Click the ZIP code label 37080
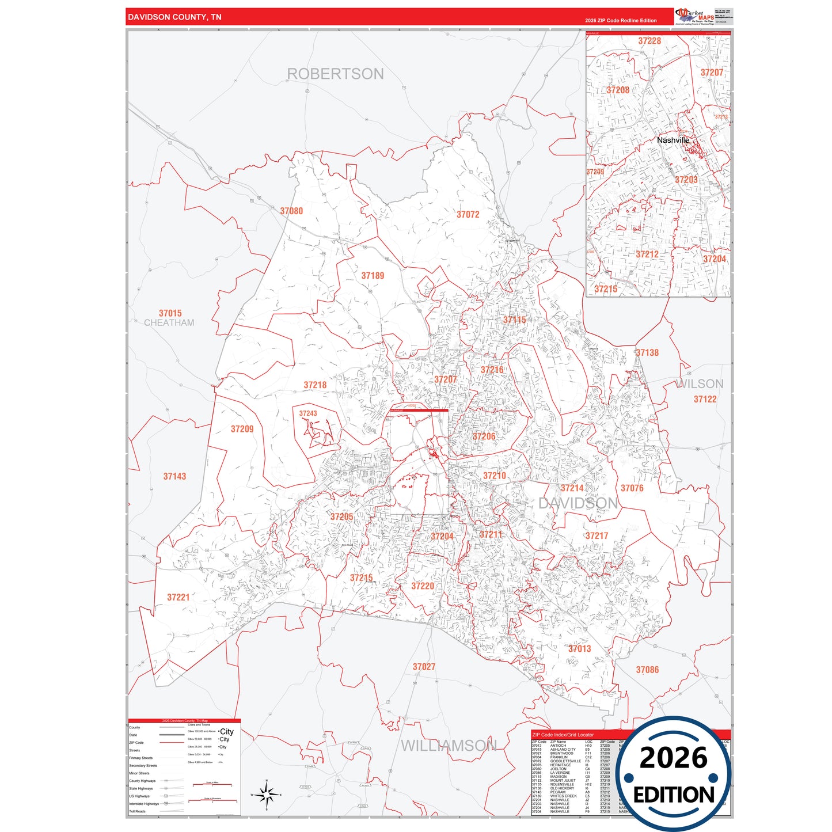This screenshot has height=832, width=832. (291, 211)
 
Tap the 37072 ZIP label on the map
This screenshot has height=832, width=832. (468, 215)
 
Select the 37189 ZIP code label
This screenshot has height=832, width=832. (373, 276)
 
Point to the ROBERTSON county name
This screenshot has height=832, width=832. (335, 74)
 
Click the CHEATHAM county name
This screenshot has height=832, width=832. (169, 323)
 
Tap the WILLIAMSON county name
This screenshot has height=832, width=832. (448, 746)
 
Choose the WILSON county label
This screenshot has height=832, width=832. (700, 384)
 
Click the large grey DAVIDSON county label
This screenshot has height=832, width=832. (578, 504)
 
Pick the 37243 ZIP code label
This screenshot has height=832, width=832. (308, 413)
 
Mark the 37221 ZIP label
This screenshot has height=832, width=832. (178, 598)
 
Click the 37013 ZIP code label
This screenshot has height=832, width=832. (579, 649)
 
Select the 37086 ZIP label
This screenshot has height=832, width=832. (647, 670)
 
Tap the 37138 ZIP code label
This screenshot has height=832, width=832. (647, 353)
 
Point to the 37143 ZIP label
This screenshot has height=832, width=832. (174, 477)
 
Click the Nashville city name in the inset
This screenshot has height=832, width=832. (673, 140)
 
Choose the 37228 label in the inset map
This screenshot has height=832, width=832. (649, 41)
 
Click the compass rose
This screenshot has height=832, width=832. (266, 795)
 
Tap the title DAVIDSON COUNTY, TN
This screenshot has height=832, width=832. (174, 17)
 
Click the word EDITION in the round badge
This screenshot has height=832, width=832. (674, 795)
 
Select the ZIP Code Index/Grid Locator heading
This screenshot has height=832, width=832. (563, 735)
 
